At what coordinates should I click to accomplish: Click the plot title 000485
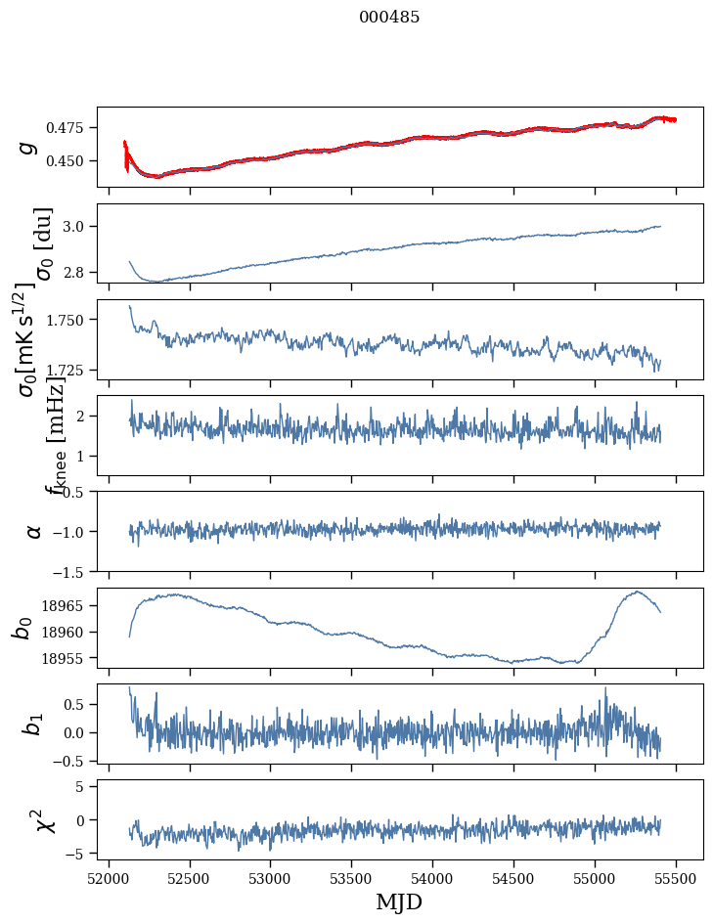coord(389,17)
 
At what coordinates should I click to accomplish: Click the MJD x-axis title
coord(399,901)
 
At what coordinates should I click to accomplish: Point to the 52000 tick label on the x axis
coord(109,877)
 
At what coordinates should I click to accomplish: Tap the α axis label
coord(34,531)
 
